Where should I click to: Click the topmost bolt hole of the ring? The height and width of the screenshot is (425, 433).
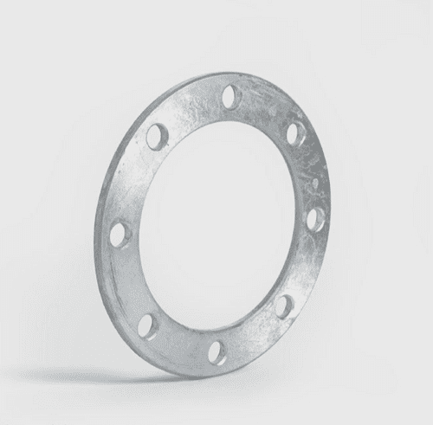[x=229, y=96]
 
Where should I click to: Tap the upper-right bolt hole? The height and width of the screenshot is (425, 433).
[x=294, y=133]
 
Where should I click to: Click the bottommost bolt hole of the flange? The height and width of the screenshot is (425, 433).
[x=217, y=351]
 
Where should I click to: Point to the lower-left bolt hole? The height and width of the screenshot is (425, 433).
[x=148, y=325]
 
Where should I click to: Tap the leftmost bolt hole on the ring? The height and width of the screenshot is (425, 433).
[x=118, y=234]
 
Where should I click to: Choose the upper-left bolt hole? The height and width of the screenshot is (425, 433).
[x=156, y=137]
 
